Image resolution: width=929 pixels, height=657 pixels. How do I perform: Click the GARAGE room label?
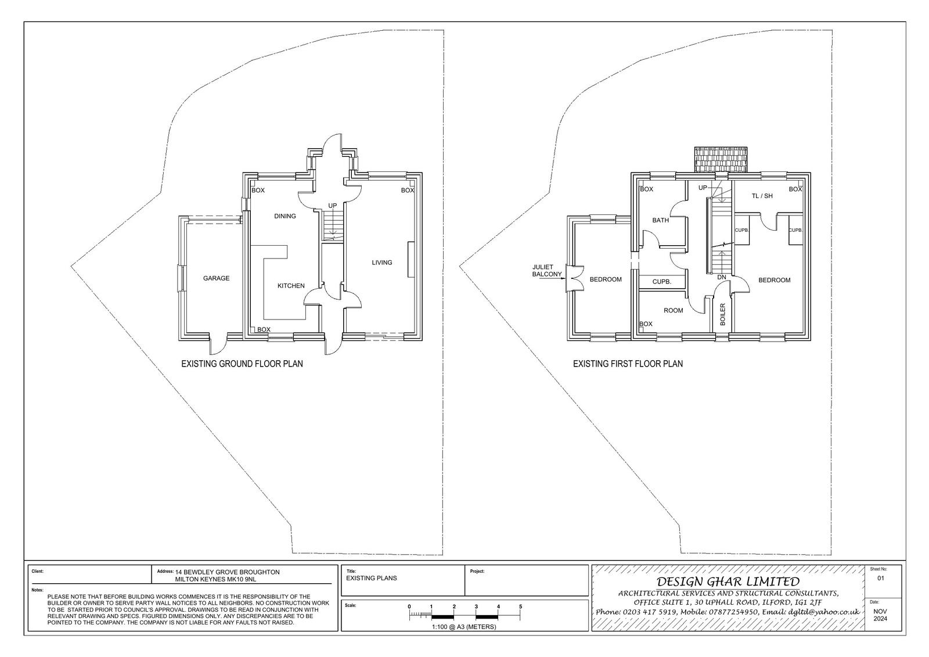(x=216, y=278)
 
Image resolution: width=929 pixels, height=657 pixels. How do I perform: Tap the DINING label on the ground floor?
(x=285, y=216)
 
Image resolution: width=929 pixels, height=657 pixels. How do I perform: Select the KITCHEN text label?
(x=291, y=286)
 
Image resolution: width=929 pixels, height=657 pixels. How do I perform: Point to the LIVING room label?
(x=381, y=263)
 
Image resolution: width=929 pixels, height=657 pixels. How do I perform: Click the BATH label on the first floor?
(x=660, y=220)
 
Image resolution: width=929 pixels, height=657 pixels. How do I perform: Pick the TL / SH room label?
(x=762, y=196)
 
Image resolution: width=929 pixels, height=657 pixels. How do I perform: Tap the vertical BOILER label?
(x=722, y=314)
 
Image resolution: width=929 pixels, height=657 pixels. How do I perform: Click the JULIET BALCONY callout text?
(x=547, y=271)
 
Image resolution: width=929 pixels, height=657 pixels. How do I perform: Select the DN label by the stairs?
(x=722, y=277)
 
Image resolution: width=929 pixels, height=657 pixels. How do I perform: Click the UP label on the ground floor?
(x=332, y=206)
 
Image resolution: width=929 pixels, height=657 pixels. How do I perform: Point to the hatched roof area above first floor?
(x=721, y=160)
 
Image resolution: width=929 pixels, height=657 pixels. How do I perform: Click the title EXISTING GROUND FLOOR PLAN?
(x=242, y=364)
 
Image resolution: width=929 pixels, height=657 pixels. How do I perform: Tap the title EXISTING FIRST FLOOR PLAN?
(x=628, y=364)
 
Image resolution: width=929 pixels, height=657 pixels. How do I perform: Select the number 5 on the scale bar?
(x=520, y=606)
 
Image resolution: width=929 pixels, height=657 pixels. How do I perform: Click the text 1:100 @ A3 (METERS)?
(x=464, y=627)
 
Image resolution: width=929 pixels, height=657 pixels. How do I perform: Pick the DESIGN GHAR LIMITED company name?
(x=728, y=581)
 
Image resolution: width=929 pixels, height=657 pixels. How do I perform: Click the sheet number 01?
(x=881, y=578)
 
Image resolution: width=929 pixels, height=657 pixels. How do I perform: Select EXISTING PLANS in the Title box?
(x=371, y=578)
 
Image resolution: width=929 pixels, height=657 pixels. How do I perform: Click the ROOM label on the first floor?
(x=673, y=310)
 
